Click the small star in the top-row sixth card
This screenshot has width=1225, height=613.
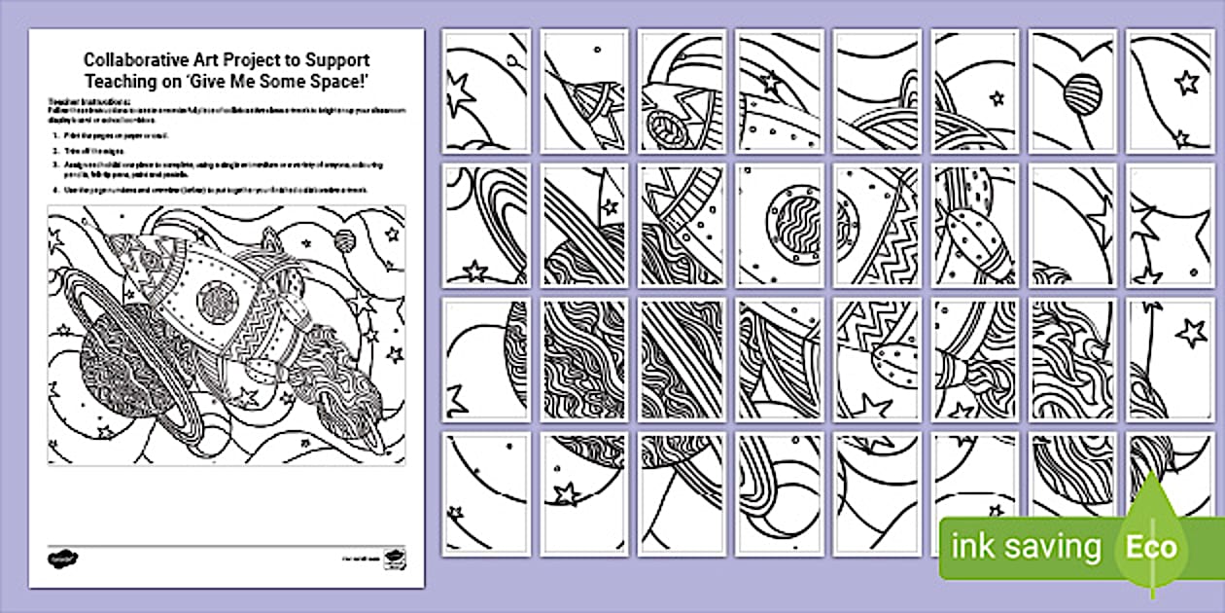995,97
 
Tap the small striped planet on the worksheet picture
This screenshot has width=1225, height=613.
342,239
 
